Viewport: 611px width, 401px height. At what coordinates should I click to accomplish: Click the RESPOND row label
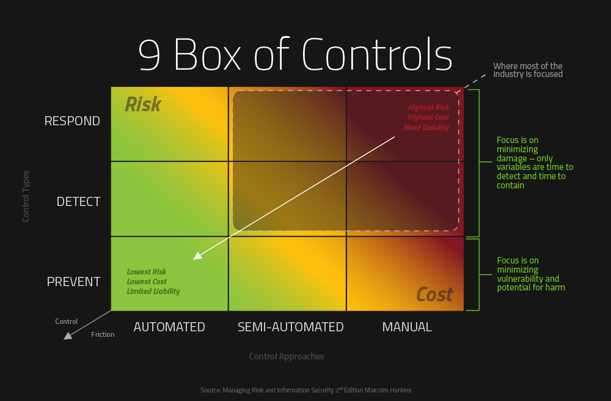click(x=72, y=121)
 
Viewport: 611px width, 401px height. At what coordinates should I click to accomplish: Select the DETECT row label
click(x=78, y=202)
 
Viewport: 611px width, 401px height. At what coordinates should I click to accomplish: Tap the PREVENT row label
click(x=73, y=282)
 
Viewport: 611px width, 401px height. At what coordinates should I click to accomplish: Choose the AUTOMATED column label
click(x=169, y=327)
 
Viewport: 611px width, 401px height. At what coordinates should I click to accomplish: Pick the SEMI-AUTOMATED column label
click(x=291, y=327)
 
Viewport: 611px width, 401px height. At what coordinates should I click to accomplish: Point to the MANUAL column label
click(x=407, y=327)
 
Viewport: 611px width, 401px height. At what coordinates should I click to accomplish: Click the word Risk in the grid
click(x=143, y=105)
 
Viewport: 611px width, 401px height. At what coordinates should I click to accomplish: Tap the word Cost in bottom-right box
click(x=434, y=295)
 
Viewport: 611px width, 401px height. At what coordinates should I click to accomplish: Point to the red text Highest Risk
click(x=429, y=108)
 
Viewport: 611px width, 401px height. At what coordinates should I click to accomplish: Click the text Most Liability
click(x=426, y=128)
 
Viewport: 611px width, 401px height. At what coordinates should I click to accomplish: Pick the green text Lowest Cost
click(x=147, y=282)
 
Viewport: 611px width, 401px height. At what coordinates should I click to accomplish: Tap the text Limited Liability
click(x=153, y=292)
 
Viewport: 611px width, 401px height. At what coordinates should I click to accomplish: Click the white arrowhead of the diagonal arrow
click(x=197, y=256)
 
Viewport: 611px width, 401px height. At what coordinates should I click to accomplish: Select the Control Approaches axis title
click(x=287, y=356)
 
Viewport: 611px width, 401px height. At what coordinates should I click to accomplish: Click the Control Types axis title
click(x=26, y=196)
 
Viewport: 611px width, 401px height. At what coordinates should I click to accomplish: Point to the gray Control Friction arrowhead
click(x=68, y=334)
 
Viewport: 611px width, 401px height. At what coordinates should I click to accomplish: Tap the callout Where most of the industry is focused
click(x=527, y=70)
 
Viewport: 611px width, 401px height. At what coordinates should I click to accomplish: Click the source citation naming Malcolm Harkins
click(x=305, y=390)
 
